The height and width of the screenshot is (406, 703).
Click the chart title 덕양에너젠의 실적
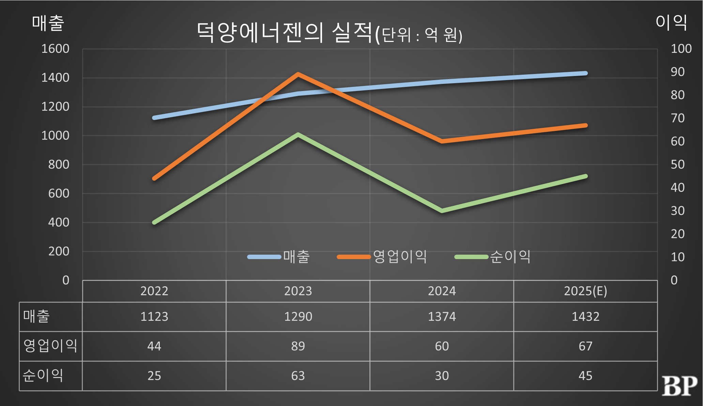tap(285, 33)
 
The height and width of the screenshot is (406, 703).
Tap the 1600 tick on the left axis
tap(55, 49)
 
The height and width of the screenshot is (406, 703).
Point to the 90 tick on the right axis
tap(677, 72)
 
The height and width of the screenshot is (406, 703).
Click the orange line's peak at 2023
tap(298, 74)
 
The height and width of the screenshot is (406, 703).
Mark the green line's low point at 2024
tap(442, 211)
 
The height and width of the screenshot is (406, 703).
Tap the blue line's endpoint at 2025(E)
tap(585, 73)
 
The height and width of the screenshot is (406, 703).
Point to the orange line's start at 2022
tap(154, 178)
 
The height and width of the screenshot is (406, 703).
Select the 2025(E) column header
tap(585, 291)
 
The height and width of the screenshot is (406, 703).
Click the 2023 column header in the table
tap(298, 291)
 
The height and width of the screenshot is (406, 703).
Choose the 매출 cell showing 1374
tap(442, 317)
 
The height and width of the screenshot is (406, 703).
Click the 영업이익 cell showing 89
tap(298, 346)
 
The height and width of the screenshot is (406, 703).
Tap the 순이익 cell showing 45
tap(585, 376)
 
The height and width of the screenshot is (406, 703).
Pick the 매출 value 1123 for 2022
tap(154, 317)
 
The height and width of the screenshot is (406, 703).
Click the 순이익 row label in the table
tap(43, 376)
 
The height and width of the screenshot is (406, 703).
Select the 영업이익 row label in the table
tap(50, 346)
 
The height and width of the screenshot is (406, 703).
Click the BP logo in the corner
tap(679, 386)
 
